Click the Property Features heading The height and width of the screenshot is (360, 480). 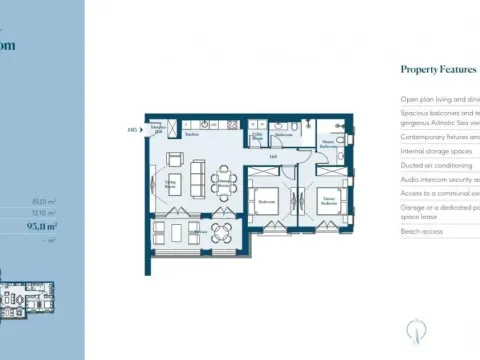(435, 69)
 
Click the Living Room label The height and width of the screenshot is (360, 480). (171, 184)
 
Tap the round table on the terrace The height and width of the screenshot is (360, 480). (222, 233)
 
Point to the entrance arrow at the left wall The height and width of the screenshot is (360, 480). (146, 129)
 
